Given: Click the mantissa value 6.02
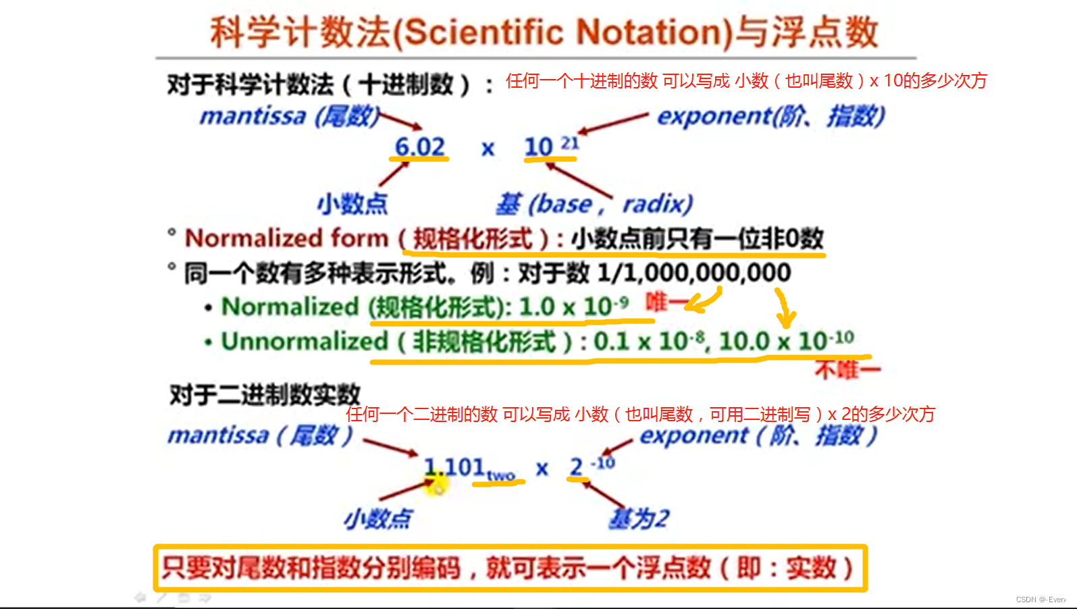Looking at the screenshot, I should click(x=419, y=147).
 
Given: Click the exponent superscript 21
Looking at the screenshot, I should click(x=570, y=142).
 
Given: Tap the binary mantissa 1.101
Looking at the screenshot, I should click(x=454, y=467).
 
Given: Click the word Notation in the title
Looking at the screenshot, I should click(x=654, y=32).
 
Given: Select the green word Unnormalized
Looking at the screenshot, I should click(x=305, y=341).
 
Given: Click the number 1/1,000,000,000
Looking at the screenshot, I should click(x=694, y=273).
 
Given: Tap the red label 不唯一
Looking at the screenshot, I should click(x=847, y=370).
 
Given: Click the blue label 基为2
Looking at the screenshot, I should click(x=639, y=519).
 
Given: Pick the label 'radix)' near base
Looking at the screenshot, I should click(x=657, y=204).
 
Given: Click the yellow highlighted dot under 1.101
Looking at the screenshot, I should click(x=436, y=484).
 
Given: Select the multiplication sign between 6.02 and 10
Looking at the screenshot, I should click(x=488, y=149).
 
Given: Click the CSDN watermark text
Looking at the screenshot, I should click(x=1041, y=600).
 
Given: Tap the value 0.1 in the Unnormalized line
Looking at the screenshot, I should click(x=612, y=342).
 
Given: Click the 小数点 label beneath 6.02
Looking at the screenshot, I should click(x=352, y=204).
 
